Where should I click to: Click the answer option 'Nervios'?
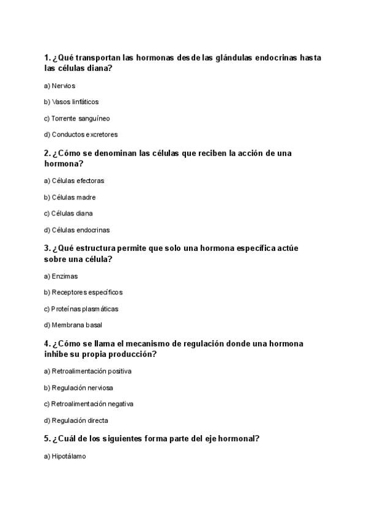(59, 86)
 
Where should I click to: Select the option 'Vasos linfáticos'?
(71, 102)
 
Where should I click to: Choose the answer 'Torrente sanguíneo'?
(76, 118)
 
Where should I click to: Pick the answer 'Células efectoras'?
(74, 181)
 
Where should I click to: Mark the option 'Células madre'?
(70, 198)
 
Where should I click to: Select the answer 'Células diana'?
(69, 214)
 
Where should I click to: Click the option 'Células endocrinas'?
(76, 230)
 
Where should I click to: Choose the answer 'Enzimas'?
(61, 277)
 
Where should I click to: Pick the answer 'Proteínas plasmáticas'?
(81, 309)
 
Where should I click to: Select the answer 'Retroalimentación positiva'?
(87, 372)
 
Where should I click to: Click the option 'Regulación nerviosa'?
(78, 388)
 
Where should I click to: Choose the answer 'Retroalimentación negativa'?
(89, 404)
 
